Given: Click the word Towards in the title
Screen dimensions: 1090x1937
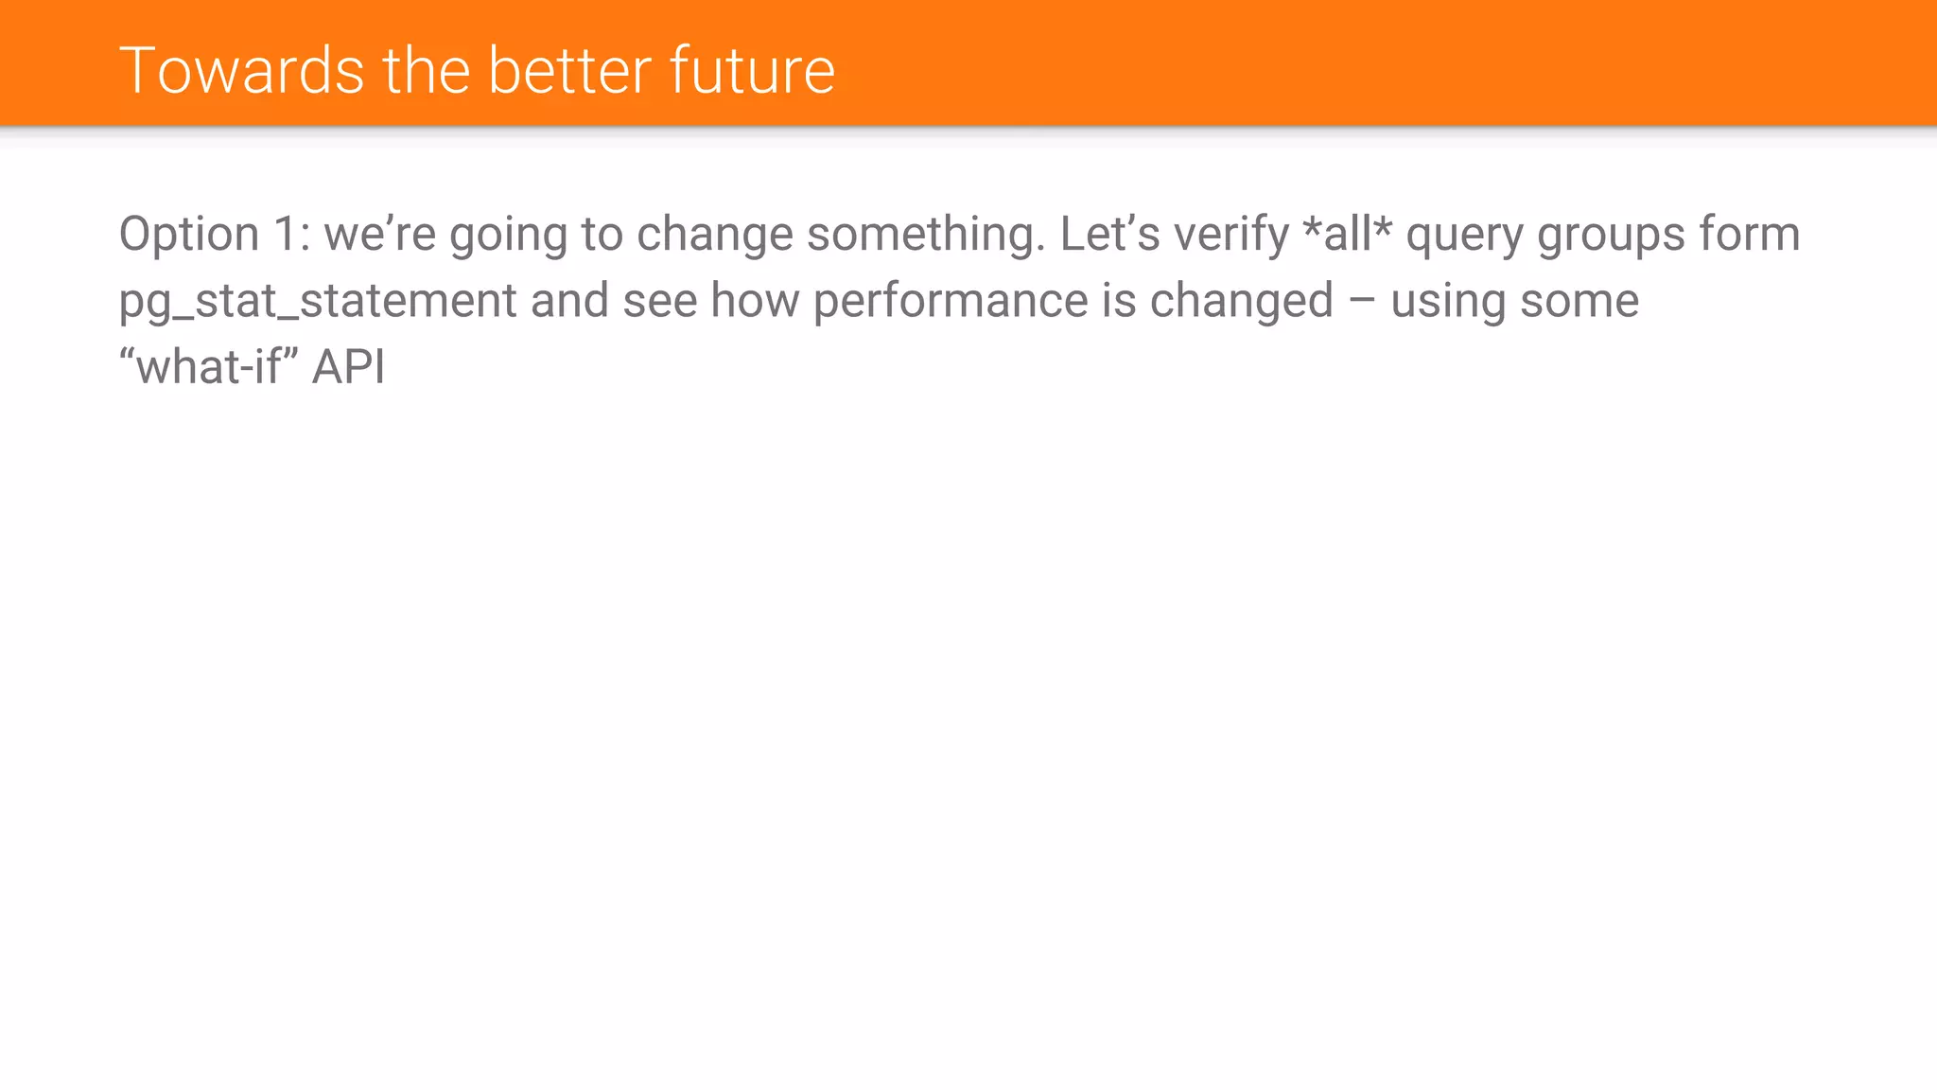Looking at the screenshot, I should click(x=242, y=71).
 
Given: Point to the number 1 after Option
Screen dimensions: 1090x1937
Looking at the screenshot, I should click(x=287, y=235).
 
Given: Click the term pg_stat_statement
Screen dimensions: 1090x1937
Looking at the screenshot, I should click(x=318, y=302).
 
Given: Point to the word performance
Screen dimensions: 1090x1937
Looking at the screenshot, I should click(x=950, y=302).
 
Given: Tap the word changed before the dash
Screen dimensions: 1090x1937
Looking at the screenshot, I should click(x=1241, y=302).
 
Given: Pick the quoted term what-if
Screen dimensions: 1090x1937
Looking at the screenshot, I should click(x=209, y=366).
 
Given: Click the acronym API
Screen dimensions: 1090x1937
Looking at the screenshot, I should click(x=348, y=367).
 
